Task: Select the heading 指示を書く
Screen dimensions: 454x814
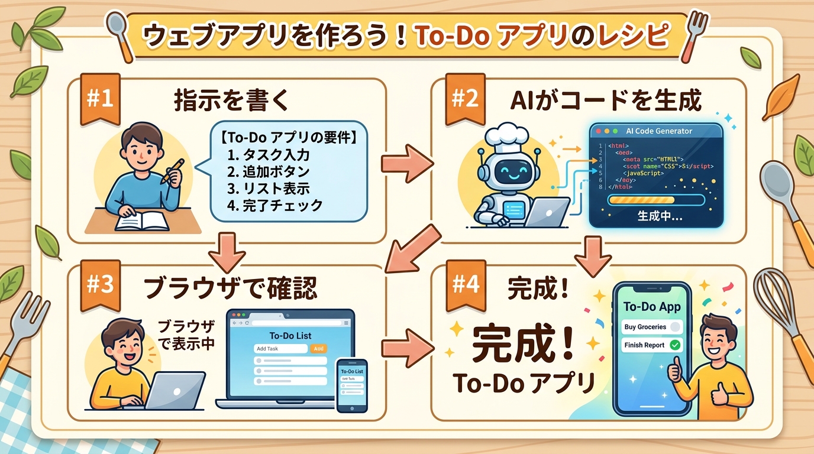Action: coord(232,101)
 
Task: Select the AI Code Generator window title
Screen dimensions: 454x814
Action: coord(658,131)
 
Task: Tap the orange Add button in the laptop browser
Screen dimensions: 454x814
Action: coord(319,349)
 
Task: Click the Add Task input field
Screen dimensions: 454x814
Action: coord(280,349)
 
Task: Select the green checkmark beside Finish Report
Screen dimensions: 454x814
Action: coord(674,345)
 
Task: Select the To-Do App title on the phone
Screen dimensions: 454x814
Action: coord(653,307)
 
